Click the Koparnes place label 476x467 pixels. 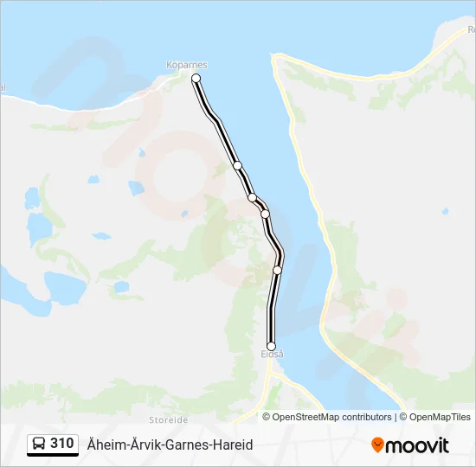pos(187,65)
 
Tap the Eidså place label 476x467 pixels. pos(272,355)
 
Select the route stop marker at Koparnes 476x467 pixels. pos(196,79)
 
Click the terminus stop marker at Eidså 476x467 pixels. pos(271,346)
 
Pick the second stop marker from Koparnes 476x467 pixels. pos(237,165)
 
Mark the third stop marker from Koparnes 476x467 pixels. pos(252,198)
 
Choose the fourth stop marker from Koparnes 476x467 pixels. pos(265,214)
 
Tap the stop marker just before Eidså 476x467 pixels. pos(277,270)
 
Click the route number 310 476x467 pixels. pos(61,444)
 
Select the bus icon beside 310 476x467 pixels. pos(39,445)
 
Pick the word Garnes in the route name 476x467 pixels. pos(184,445)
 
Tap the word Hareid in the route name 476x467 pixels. pos(232,445)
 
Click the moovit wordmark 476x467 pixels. pos(417,445)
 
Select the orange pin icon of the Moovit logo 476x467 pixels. pos(377,445)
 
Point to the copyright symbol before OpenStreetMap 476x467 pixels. pos(267,417)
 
